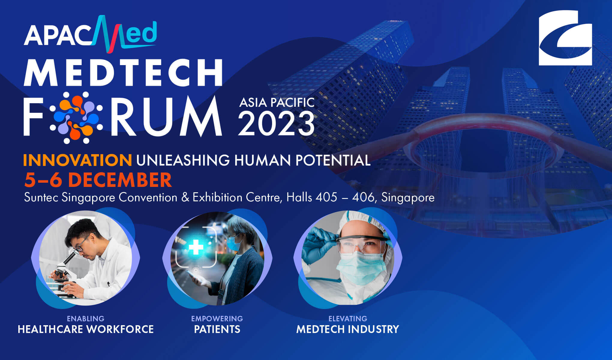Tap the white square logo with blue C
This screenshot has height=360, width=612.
pyautogui.click(x=565, y=38)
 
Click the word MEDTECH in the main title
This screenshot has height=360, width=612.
pyautogui.click(x=123, y=73)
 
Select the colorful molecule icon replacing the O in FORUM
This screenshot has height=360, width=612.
pyautogui.click(x=76, y=117)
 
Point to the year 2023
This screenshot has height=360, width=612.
pyautogui.click(x=276, y=123)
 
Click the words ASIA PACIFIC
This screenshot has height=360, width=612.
pyautogui.click(x=277, y=102)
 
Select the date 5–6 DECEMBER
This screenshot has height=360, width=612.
pyautogui.click(x=98, y=180)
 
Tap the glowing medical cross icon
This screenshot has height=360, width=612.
pyautogui.click(x=196, y=247)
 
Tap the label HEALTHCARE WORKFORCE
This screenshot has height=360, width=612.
pyautogui.click(x=86, y=329)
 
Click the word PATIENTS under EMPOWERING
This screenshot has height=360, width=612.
pyautogui.click(x=217, y=329)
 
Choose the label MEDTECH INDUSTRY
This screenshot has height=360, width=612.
pyautogui.click(x=348, y=329)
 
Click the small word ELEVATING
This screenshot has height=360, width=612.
pyautogui.click(x=348, y=318)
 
